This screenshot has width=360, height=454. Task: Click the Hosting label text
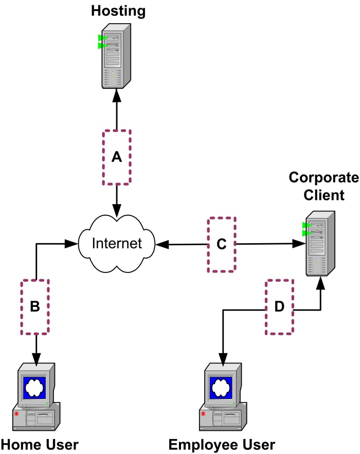(x=118, y=10)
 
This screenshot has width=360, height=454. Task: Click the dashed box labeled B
(x=35, y=306)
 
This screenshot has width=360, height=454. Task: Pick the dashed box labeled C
(x=222, y=244)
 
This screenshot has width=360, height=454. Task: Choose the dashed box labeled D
(x=280, y=306)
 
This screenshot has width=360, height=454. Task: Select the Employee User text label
(x=222, y=444)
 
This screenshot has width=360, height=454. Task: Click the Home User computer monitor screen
(x=35, y=387)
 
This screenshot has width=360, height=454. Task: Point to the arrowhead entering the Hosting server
(x=117, y=95)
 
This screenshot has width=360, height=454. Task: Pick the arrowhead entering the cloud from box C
(x=163, y=244)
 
